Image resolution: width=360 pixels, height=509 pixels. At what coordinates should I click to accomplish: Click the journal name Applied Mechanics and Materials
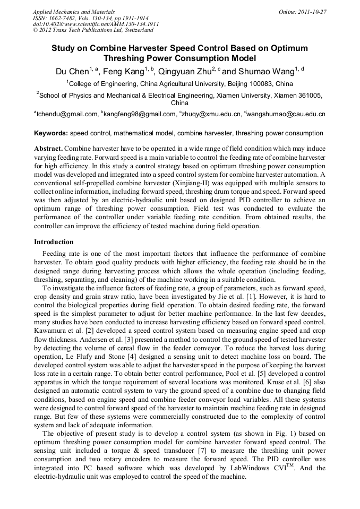pos(73,11)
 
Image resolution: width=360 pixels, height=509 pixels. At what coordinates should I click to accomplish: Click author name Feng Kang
pos(127,71)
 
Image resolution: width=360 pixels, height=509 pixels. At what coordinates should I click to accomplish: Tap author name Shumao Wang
pos(266,71)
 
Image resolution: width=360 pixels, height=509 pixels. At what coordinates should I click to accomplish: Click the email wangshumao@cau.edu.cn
pos(286,114)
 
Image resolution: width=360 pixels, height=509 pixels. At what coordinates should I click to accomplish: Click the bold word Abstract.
pos(48,149)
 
